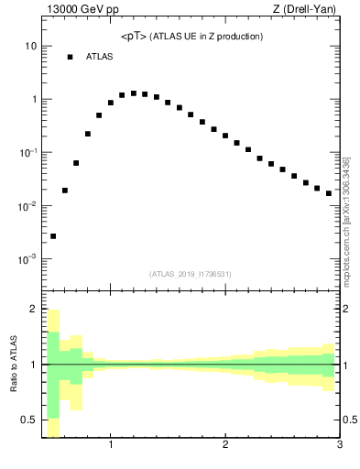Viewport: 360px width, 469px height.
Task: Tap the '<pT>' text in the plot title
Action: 136,37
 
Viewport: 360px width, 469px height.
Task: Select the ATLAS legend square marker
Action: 69,57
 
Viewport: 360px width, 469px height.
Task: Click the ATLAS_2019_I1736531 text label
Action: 191,274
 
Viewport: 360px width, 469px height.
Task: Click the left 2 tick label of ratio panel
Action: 33,310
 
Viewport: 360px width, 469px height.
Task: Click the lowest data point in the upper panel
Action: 53,236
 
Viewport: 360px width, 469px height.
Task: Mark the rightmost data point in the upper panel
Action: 329,193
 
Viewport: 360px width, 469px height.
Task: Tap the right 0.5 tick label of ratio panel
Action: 351,420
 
